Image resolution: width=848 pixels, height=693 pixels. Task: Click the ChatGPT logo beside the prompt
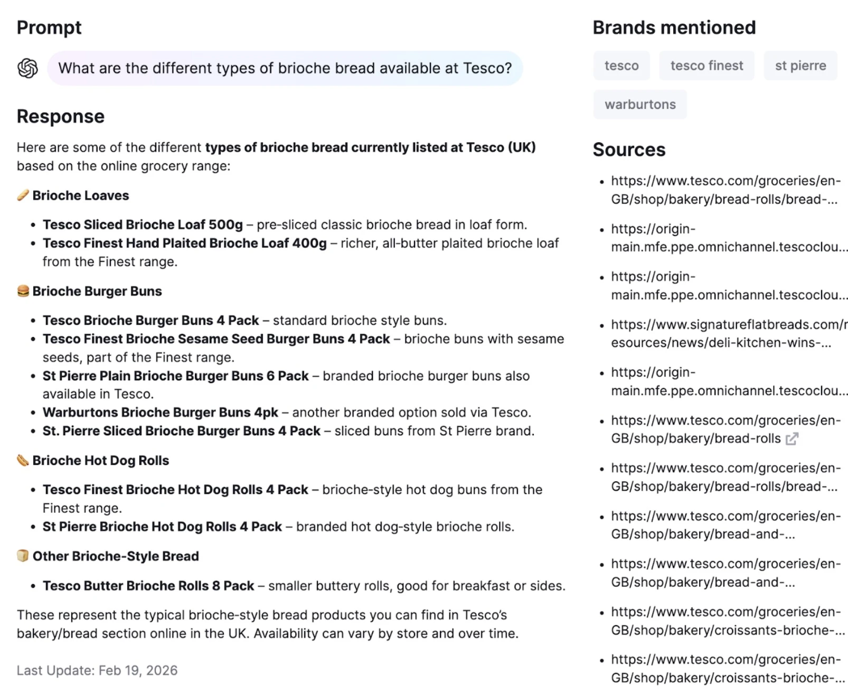27,68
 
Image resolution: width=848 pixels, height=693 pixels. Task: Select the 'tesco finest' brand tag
706,65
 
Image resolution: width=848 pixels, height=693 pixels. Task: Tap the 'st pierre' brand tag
800,65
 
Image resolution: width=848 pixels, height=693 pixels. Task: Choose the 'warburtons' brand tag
640,104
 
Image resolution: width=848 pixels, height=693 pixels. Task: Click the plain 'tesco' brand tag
621,65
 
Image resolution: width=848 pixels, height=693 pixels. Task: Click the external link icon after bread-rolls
792,439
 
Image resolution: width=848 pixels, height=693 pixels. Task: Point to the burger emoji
23,291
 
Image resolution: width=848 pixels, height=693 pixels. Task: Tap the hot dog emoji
23,460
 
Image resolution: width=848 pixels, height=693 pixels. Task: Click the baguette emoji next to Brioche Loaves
23,195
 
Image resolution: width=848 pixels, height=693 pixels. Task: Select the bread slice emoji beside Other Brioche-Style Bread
23,556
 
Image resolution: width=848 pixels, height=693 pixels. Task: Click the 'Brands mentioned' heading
674,27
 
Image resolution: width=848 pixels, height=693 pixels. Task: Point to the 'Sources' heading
629,149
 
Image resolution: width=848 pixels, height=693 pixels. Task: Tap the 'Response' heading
61,116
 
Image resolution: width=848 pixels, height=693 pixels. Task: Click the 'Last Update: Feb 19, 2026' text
97,670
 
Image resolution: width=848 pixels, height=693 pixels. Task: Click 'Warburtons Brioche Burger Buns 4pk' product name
161,412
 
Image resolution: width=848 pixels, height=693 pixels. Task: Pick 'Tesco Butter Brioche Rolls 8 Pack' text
148,586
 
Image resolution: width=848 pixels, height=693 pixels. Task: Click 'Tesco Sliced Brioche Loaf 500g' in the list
143,224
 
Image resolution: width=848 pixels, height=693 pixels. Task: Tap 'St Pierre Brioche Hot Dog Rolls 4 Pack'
162,527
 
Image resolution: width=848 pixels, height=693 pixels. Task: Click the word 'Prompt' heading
49,27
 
